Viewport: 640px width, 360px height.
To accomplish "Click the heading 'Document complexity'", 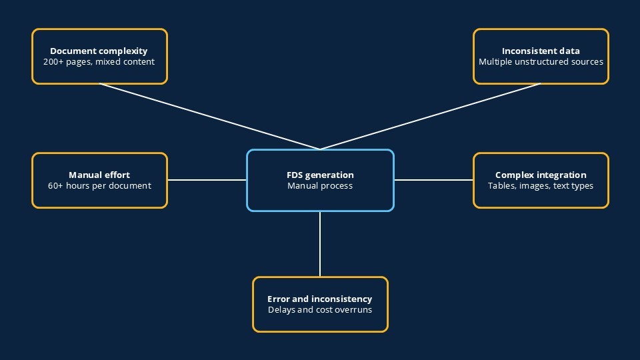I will (x=99, y=51).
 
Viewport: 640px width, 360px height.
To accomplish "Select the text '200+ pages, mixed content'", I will (x=99, y=62).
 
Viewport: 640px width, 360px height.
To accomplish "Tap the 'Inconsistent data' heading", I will (x=541, y=51).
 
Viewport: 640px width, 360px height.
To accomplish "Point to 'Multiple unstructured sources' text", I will (x=541, y=62).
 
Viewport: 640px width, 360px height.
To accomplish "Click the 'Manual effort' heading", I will (x=99, y=175).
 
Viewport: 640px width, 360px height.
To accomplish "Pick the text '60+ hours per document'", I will (x=99, y=186).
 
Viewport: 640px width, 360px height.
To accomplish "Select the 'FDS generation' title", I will (x=320, y=175).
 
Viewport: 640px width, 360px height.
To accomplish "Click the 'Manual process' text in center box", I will (x=320, y=186).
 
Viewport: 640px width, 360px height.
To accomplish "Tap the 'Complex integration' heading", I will (x=541, y=175).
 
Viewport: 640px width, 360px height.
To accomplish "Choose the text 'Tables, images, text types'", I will (x=541, y=186).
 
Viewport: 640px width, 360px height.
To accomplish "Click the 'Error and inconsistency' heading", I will (x=320, y=299).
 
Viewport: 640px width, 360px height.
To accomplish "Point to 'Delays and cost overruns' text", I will (x=320, y=310).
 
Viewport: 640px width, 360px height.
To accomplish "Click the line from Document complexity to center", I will (x=209, y=117).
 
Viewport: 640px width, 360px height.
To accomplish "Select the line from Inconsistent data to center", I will (x=431, y=117).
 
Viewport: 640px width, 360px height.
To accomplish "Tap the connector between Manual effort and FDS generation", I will (x=207, y=180).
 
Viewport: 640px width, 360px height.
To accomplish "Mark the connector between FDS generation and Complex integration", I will (x=433, y=180).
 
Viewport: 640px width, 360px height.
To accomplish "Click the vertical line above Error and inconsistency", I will (x=320, y=244).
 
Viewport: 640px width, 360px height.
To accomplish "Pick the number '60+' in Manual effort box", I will (x=56, y=186).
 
